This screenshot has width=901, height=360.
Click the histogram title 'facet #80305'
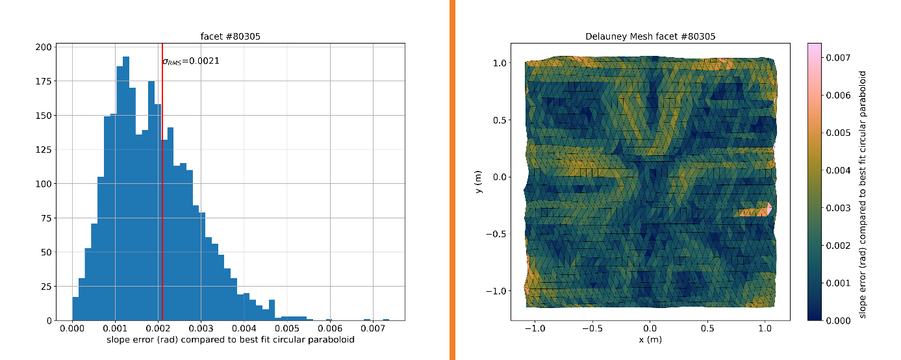point(231,36)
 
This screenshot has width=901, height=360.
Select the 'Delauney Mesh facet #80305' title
point(650,36)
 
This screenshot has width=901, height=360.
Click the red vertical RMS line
point(162,195)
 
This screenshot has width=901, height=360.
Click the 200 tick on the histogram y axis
point(43,47)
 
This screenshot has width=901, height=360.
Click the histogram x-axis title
point(231,341)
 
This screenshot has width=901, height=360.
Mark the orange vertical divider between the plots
point(452,180)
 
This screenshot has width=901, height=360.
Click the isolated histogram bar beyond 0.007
point(386,320)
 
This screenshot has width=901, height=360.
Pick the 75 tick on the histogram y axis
point(45,218)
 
